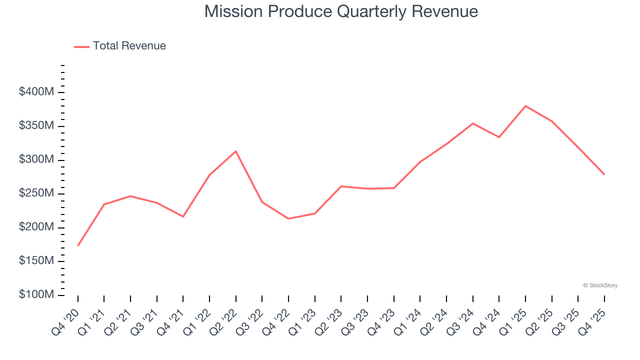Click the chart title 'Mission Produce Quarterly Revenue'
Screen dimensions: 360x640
click(341, 11)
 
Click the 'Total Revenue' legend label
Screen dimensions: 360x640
click(129, 46)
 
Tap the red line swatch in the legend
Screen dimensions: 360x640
click(81, 46)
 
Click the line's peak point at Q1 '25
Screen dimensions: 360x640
click(525, 106)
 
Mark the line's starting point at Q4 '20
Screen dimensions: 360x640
click(78, 245)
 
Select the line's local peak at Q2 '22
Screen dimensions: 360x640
click(236, 151)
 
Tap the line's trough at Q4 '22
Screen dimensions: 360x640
click(288, 218)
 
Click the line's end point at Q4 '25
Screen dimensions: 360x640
click(604, 174)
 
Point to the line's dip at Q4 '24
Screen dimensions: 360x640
click(499, 137)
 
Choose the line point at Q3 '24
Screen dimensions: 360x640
click(473, 123)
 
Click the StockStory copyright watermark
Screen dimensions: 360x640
click(600, 285)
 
